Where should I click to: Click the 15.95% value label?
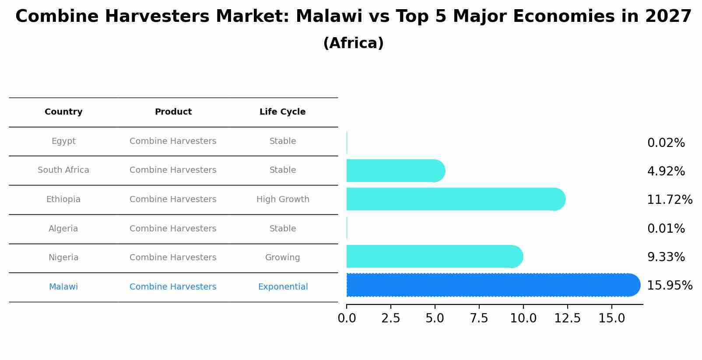click(x=669, y=286)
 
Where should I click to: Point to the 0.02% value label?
click(x=666, y=143)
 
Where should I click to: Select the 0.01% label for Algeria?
click(x=666, y=229)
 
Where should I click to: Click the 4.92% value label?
click(x=666, y=171)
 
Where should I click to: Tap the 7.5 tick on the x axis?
click(x=479, y=318)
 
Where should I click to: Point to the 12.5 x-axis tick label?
click(x=567, y=318)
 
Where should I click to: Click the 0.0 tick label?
click(x=347, y=318)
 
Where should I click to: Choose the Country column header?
click(x=63, y=112)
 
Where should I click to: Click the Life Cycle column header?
click(x=282, y=112)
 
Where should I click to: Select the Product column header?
click(x=173, y=112)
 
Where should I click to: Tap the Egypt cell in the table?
click(x=63, y=141)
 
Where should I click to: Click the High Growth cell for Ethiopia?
click(x=283, y=199)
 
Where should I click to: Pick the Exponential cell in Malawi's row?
click(x=283, y=287)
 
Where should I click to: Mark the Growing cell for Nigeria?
click(x=282, y=258)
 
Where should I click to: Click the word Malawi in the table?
click(x=63, y=287)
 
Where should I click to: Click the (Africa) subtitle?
click(x=353, y=43)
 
